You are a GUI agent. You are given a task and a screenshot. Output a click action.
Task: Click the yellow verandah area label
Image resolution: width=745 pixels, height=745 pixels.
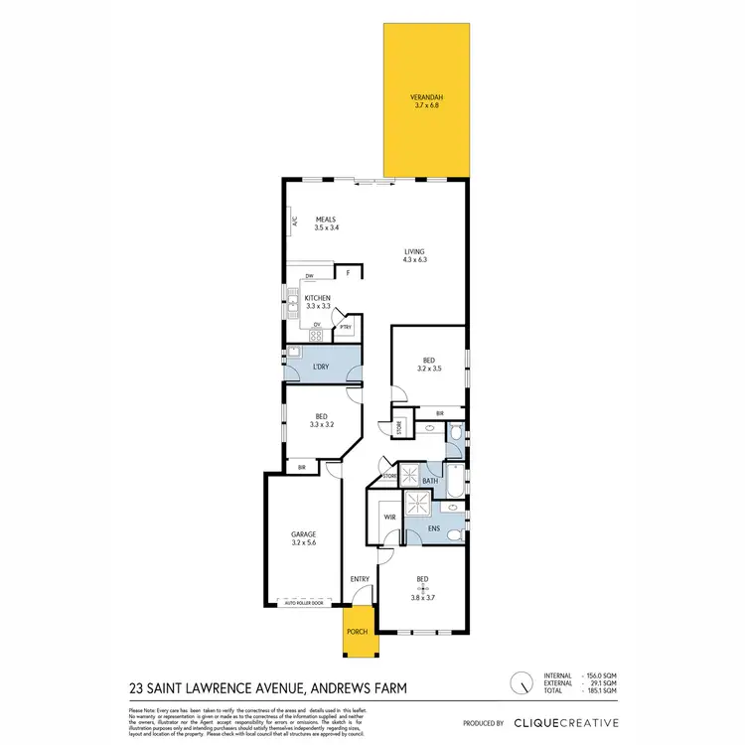pyautogui.click(x=426, y=100)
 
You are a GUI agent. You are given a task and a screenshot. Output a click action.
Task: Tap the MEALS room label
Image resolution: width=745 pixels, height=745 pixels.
pyautogui.click(x=326, y=223)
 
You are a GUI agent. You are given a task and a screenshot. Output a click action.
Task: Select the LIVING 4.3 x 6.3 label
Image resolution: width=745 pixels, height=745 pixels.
pyautogui.click(x=414, y=255)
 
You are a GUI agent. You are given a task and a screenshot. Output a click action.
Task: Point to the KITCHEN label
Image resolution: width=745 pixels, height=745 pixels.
pyautogui.click(x=318, y=303)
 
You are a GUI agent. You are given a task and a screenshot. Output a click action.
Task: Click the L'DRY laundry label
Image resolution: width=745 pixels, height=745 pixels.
pyautogui.click(x=320, y=368)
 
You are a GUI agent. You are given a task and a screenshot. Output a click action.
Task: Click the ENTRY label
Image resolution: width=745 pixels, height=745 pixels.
pyautogui.click(x=359, y=579)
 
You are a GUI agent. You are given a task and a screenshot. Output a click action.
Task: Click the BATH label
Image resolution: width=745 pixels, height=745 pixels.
pyautogui.click(x=430, y=481)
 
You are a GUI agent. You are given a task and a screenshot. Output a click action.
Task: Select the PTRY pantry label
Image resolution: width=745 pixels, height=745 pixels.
pyautogui.click(x=345, y=327)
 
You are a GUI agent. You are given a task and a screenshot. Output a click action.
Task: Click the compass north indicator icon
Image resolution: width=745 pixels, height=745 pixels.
pyautogui.click(x=519, y=684)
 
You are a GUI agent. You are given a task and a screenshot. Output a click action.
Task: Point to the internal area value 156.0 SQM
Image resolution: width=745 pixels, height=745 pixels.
pyautogui.click(x=603, y=676)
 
